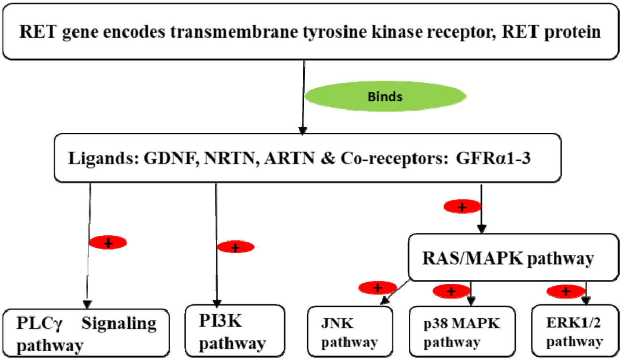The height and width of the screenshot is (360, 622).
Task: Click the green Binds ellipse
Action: click(x=385, y=97)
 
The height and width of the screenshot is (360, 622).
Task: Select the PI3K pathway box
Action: click(x=235, y=331)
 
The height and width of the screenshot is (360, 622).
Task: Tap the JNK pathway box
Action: click(x=350, y=332)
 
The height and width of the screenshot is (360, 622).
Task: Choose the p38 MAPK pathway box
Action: click(x=462, y=332)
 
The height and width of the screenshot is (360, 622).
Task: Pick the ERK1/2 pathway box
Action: click(x=575, y=331)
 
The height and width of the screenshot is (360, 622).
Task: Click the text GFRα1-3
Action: click(x=493, y=158)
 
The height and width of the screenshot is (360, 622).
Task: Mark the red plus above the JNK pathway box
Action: click(x=377, y=287)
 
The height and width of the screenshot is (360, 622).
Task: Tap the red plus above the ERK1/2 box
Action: click(x=566, y=292)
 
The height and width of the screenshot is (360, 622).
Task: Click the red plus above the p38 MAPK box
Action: click(x=451, y=292)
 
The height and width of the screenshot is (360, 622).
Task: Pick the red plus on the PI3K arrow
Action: click(x=236, y=247)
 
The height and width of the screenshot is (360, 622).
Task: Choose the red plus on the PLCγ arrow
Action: click(x=108, y=242)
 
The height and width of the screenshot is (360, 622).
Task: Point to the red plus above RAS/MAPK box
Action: click(x=462, y=207)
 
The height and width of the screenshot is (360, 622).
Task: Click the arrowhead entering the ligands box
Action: click(x=303, y=130)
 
